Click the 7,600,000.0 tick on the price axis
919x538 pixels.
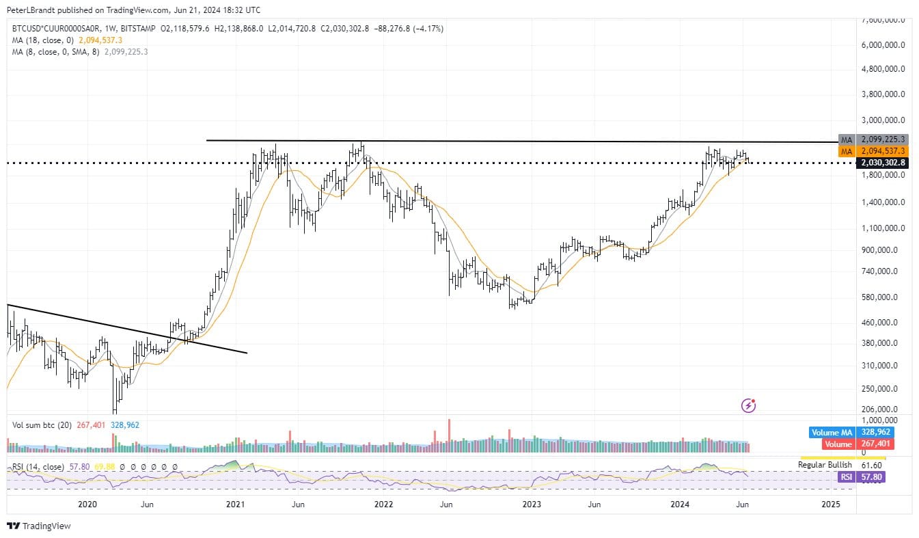[886, 20]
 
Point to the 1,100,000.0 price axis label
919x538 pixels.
[886, 228]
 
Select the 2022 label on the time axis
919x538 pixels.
[383, 505]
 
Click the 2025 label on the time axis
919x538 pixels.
[830, 505]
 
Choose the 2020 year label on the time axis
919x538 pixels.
[87, 505]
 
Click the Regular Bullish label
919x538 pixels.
[825, 465]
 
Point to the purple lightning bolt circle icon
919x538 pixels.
[749, 406]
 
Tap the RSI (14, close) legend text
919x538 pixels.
[38, 467]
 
